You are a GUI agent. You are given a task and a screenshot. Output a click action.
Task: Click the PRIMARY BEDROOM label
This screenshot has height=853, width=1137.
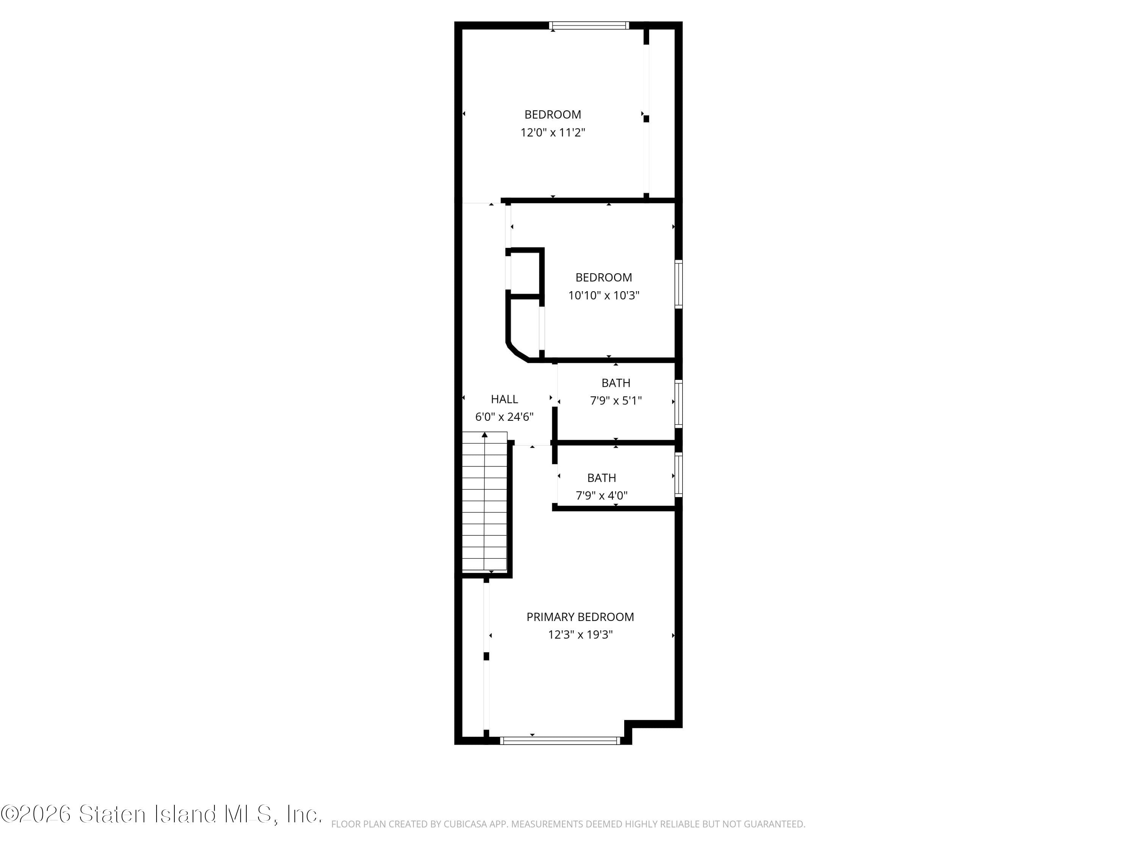pyautogui.click(x=580, y=617)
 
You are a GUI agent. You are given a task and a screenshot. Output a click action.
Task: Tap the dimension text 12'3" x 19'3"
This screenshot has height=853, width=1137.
pyautogui.click(x=580, y=635)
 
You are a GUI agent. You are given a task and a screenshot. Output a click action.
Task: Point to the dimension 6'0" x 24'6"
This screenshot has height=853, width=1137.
pyautogui.click(x=504, y=417)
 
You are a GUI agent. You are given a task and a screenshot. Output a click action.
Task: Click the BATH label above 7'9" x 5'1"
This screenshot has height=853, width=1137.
pyautogui.click(x=616, y=383)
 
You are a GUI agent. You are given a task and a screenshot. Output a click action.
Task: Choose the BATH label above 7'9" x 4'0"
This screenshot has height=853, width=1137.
pyautogui.click(x=601, y=478)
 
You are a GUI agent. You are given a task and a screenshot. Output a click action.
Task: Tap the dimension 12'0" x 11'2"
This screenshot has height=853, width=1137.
pyautogui.click(x=553, y=133)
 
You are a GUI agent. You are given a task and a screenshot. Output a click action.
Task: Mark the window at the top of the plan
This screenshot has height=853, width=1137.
pyautogui.click(x=589, y=25)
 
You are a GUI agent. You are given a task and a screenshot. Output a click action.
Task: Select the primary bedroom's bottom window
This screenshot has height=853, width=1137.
pyautogui.click(x=560, y=741)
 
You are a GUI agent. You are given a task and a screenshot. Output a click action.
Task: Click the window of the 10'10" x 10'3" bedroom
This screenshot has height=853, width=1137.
pyautogui.click(x=678, y=284)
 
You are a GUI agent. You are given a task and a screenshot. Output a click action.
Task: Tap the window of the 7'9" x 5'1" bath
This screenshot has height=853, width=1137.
pyautogui.click(x=678, y=404)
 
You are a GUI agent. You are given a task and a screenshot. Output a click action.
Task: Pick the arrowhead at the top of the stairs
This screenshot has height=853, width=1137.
pyautogui.click(x=485, y=435)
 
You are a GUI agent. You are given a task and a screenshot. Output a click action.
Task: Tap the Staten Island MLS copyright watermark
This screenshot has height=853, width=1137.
pyautogui.click(x=161, y=814)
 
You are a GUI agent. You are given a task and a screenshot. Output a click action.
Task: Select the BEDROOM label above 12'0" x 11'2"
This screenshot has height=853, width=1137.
pyautogui.click(x=553, y=114)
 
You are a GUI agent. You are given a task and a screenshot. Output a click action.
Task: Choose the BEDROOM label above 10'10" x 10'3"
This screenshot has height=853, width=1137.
pyautogui.click(x=603, y=278)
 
